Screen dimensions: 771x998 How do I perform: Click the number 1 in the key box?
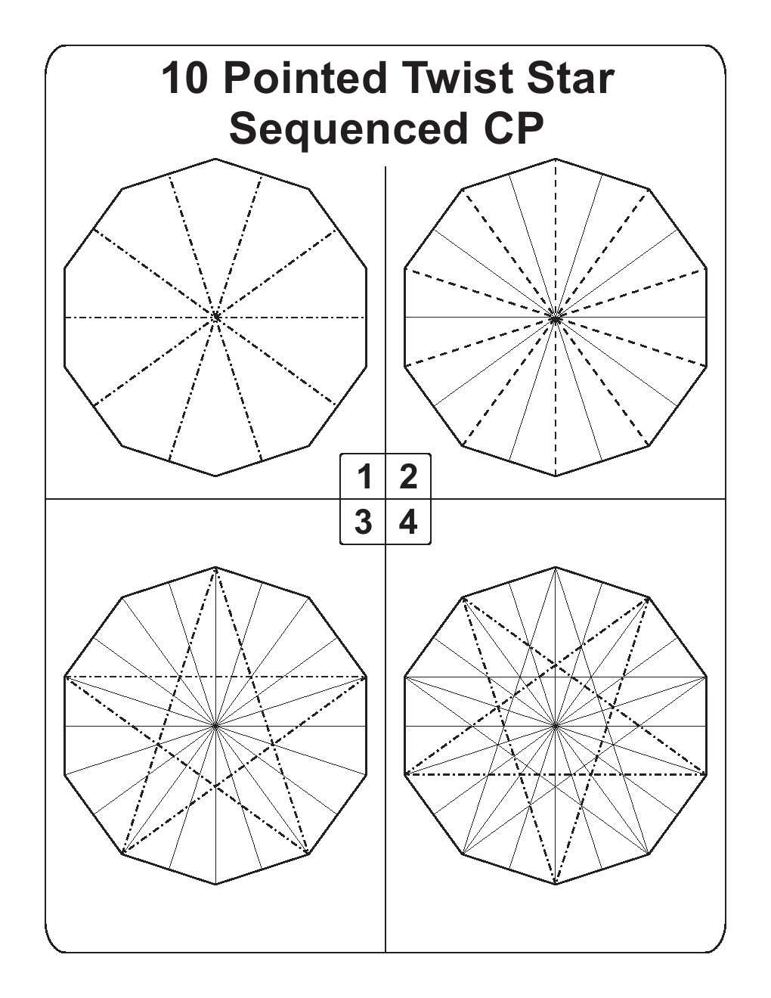[364, 477]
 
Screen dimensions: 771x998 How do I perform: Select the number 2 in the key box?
[408, 477]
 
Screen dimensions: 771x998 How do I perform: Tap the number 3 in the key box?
[364, 522]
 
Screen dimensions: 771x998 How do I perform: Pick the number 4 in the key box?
[408, 522]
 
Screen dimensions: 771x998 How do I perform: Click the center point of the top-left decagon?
[215, 317]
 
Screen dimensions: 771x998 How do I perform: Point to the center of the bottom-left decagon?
[215, 726]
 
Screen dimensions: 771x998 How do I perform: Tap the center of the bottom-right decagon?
[556, 726]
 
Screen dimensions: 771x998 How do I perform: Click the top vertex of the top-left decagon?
[215, 159]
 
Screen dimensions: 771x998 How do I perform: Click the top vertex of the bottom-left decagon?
[215, 567]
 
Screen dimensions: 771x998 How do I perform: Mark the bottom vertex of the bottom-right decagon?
[556, 884]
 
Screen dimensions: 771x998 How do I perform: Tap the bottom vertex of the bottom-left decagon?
[215, 884]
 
